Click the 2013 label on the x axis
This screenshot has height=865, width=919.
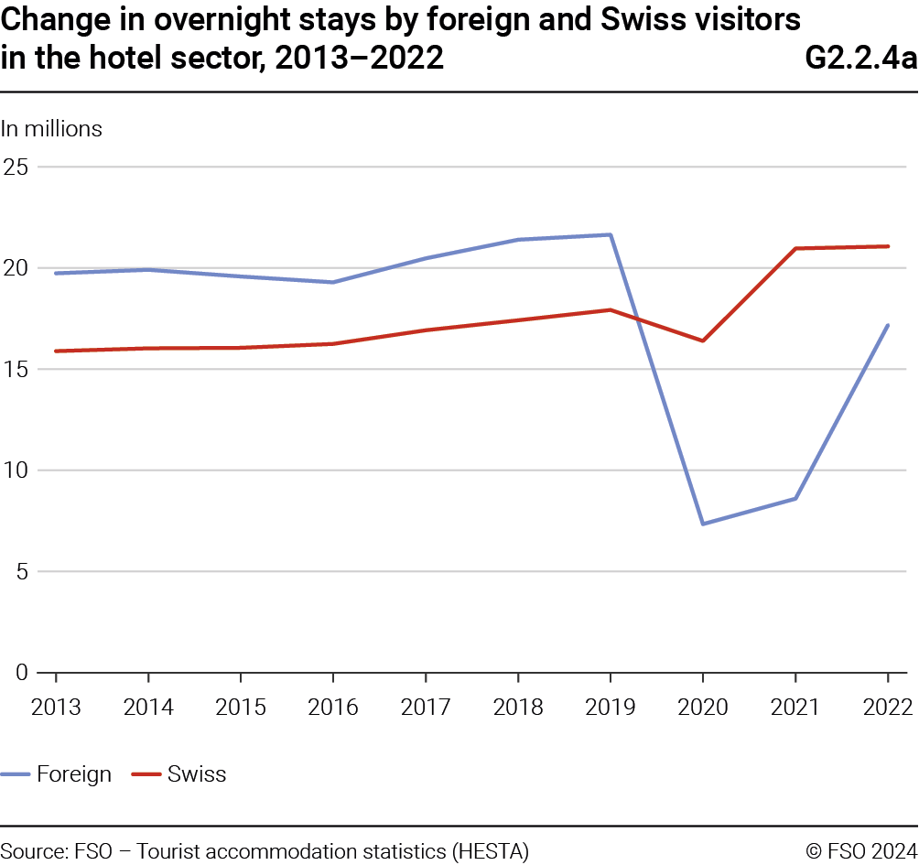click(x=56, y=708)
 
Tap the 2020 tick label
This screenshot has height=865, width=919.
click(x=702, y=708)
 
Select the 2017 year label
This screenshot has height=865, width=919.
click(x=425, y=708)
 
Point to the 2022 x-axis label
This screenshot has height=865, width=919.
click(x=887, y=708)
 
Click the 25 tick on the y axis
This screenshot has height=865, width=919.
click(x=16, y=168)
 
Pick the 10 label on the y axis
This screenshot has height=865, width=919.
click(x=16, y=470)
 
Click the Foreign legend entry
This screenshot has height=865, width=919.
click(x=73, y=774)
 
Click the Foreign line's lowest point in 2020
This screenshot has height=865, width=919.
click(x=702, y=524)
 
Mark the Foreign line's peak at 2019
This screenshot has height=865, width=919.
click(x=610, y=235)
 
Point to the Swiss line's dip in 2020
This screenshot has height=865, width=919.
click(x=702, y=341)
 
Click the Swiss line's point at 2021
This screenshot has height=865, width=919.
click(x=795, y=248)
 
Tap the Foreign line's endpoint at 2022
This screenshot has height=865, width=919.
click(x=887, y=325)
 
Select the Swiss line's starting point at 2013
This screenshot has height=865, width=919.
click(x=56, y=351)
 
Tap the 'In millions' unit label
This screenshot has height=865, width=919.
click(x=51, y=129)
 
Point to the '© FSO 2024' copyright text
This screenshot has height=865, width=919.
click(x=861, y=850)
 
